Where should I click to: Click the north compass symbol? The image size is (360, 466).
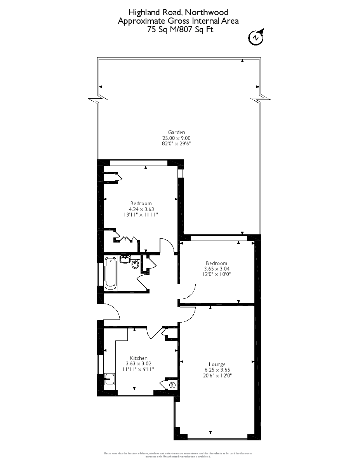(256, 37)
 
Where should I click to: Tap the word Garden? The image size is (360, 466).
(176, 132)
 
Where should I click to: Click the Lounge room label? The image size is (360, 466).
(217, 364)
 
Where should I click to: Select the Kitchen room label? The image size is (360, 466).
(138, 358)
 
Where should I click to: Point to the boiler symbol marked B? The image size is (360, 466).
(172, 385)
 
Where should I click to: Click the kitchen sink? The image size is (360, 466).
(110, 379)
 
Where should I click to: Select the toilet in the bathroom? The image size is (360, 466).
(135, 264)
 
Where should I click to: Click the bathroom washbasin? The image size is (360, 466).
(125, 259)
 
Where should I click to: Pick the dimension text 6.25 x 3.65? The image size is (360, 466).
(217, 370)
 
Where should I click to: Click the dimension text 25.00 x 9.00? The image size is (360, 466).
(176, 138)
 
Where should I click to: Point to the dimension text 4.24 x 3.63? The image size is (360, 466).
(141, 209)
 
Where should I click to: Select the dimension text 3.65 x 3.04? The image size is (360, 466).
(217, 269)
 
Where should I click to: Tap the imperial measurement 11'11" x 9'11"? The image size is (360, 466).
(138, 370)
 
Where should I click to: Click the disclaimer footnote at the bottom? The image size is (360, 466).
(178, 455)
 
